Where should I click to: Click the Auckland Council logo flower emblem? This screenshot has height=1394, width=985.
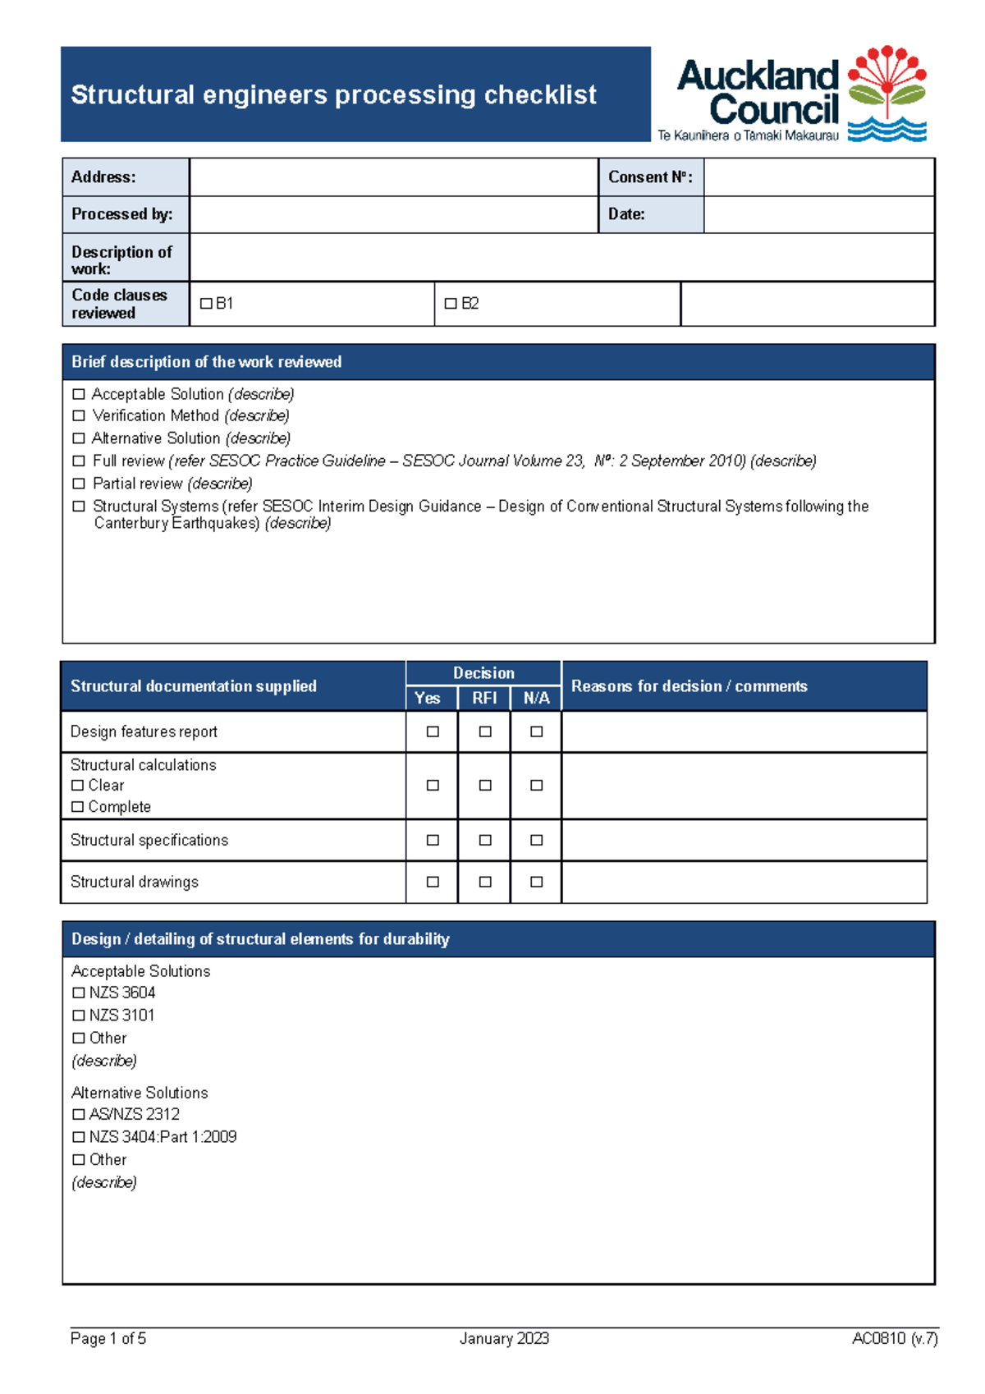point(886,92)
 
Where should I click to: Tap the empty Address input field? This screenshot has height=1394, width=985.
point(393,177)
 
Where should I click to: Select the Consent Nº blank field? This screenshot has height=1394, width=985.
point(818,177)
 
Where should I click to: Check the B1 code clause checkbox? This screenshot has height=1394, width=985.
point(206,304)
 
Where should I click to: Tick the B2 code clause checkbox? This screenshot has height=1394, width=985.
point(451,304)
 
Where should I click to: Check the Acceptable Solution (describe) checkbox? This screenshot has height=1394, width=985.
point(79,394)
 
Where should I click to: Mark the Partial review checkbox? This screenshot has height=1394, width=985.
point(79,484)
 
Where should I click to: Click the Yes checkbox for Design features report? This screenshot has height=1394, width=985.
point(433,731)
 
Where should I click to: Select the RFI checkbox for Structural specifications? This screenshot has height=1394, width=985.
point(485,840)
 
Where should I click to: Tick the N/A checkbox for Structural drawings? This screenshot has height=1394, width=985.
point(536,882)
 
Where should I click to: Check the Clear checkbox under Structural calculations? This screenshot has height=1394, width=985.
point(77,786)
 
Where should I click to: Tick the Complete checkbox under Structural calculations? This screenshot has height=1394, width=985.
point(77,807)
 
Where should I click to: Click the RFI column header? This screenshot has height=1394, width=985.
point(484,698)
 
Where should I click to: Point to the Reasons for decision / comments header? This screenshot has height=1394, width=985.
point(689,686)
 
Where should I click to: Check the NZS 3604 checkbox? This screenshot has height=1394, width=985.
point(79,993)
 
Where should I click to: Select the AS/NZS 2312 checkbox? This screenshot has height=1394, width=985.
point(79,1114)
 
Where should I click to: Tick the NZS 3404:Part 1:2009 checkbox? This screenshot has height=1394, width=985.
point(79,1137)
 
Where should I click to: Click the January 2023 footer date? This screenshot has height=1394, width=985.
point(504,1338)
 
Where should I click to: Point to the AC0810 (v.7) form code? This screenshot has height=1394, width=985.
point(894,1338)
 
